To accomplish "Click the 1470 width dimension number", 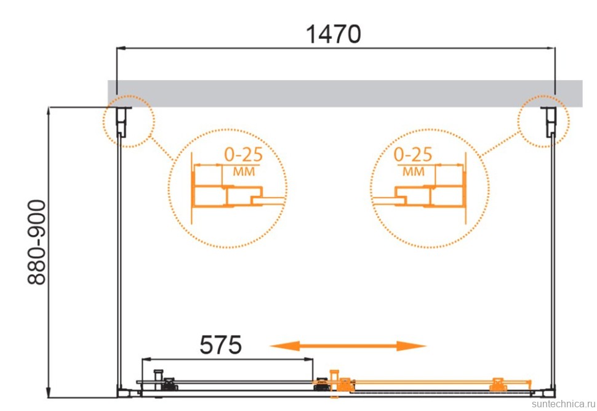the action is tap(334, 35).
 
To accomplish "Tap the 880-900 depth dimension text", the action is tap(37, 242).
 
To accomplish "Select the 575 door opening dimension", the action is tap(220, 345).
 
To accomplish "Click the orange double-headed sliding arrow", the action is tap(348, 346).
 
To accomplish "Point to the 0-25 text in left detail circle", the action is tap(244, 155).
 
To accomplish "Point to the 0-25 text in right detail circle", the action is tap(413, 155).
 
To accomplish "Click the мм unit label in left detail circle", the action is tap(244, 171).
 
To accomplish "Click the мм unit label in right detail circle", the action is tap(414, 171).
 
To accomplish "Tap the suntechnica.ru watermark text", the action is tap(564, 404).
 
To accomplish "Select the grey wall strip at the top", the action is tap(345, 94).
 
